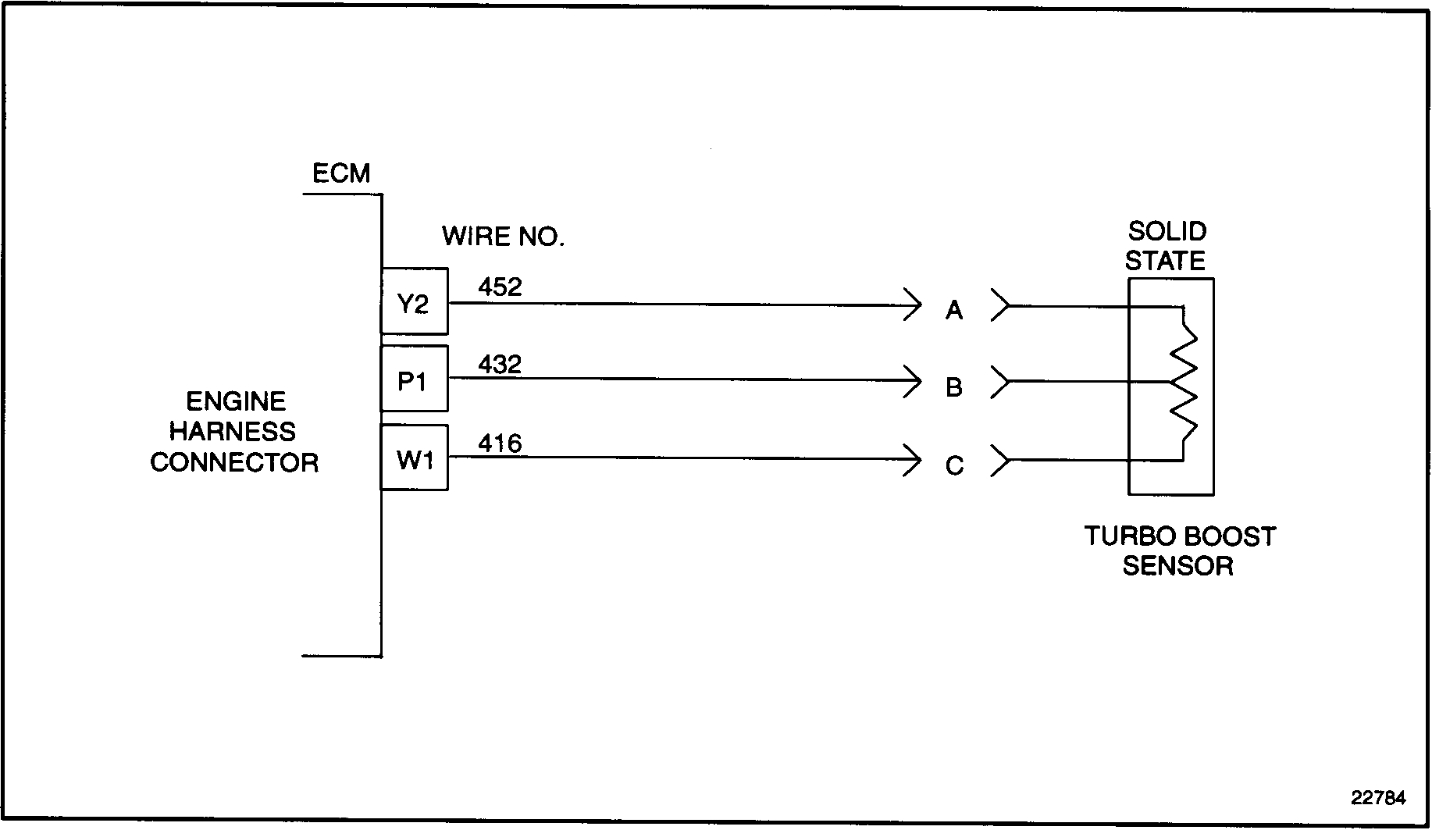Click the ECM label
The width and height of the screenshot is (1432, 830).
click(x=341, y=173)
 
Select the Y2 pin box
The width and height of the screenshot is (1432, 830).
click(x=414, y=302)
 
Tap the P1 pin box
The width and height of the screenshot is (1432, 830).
click(x=414, y=379)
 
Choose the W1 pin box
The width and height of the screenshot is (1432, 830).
click(x=414, y=459)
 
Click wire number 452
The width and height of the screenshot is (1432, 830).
click(x=500, y=287)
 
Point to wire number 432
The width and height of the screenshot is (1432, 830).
click(x=500, y=365)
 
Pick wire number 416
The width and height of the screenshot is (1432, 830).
click(x=500, y=443)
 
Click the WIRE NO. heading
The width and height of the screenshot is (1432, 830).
click(x=503, y=236)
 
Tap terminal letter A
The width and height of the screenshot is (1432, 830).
click(x=953, y=311)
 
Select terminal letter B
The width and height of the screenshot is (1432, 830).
click(x=953, y=387)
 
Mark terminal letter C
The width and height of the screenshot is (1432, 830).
click(x=953, y=466)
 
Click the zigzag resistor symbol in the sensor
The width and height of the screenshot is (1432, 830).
click(x=1184, y=383)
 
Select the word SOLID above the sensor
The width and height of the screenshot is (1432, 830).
click(x=1167, y=231)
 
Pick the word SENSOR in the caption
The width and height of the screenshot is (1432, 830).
click(x=1177, y=566)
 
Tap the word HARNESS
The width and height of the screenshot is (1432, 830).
click(x=233, y=431)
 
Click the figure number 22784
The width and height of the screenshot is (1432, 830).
click(x=1379, y=798)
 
